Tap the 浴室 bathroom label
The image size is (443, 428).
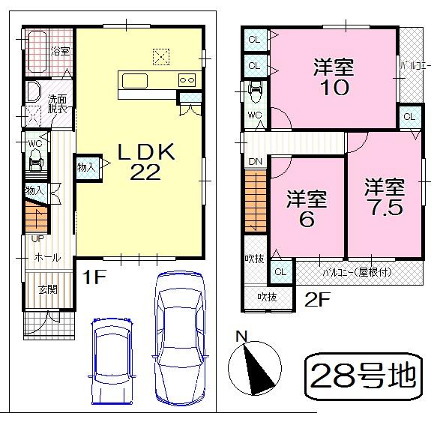[60, 51]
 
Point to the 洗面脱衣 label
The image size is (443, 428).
[58, 103]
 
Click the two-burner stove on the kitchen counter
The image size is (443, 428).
[187, 80]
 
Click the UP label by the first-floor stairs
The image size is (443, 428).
[36, 238]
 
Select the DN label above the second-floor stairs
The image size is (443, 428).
[255, 161]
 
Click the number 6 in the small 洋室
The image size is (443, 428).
[307, 220]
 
